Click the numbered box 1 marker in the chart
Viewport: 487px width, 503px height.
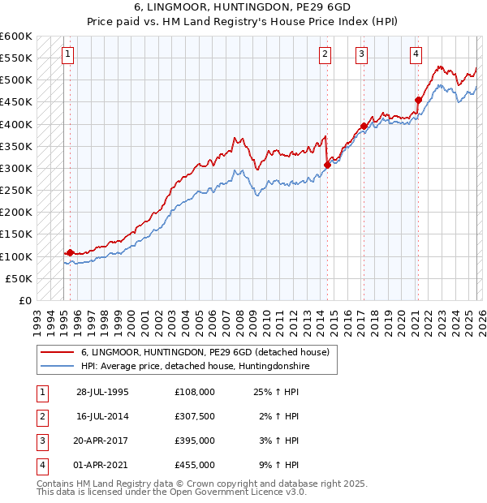point(67,54)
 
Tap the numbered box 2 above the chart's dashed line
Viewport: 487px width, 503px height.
point(325,54)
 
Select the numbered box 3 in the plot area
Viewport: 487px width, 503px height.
point(361,54)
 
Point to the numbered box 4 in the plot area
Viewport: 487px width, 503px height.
point(415,54)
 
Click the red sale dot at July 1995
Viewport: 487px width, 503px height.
point(71,252)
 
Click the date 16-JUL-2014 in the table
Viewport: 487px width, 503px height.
point(102,415)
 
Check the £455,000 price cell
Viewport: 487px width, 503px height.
point(195,465)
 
